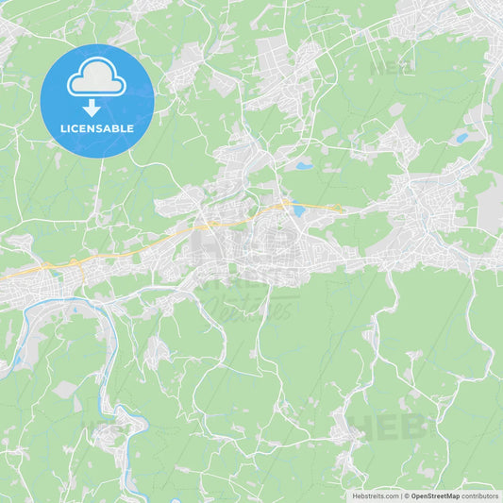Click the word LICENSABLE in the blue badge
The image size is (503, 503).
(x=97, y=127)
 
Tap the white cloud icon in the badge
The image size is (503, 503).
(x=97, y=81)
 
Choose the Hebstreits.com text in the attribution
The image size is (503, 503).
(x=376, y=495)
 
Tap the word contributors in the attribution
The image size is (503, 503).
(x=479, y=495)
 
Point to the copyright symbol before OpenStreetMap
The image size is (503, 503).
(x=407, y=495)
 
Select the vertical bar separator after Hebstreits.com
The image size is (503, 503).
(x=401, y=495)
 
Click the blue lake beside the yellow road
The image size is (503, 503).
(x=298, y=211)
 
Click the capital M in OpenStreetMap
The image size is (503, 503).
(x=450, y=495)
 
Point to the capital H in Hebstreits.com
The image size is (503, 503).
(x=355, y=495)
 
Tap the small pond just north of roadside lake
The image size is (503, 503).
(x=304, y=166)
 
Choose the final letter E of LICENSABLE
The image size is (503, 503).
(x=131, y=127)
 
